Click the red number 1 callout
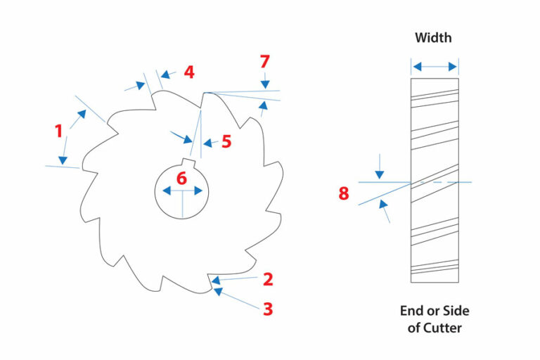coord(58,130)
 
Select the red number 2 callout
coord(268,279)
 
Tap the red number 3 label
coord(268,308)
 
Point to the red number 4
coord(188,72)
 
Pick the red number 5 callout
coord(226,141)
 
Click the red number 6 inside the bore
coord(181,179)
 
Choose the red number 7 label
coord(264,62)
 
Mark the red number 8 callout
coord(344,193)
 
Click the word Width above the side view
coord(434,37)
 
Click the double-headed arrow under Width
coord(435,67)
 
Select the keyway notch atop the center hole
coord(189,161)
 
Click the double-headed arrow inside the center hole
coord(182,191)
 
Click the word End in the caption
coord(412,310)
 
